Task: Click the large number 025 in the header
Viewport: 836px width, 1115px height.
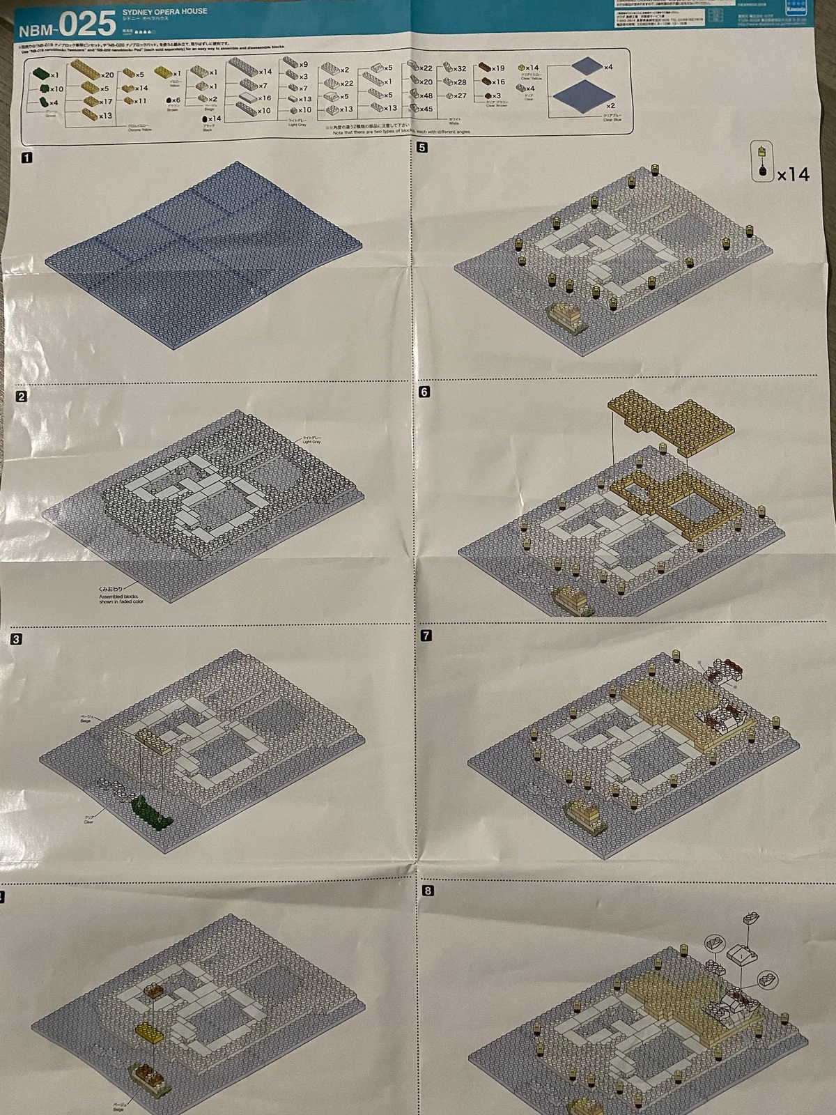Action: pos(86,24)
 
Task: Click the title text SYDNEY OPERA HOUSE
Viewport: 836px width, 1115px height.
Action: pos(164,12)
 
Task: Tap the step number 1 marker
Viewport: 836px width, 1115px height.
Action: pos(26,158)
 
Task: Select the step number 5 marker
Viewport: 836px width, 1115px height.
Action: pos(422,148)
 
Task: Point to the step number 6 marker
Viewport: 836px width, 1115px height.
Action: pos(424,392)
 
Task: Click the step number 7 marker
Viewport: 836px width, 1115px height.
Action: pos(426,636)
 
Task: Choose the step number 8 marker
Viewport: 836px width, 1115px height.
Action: pos(427,891)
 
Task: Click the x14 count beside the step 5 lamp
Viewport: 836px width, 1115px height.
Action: pos(794,174)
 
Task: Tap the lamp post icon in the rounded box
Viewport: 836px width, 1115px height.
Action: pos(762,162)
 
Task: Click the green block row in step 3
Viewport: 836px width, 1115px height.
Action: pos(150,813)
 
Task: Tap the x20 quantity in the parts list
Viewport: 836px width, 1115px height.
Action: pos(107,75)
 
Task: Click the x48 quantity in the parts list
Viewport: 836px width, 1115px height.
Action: pos(425,96)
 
